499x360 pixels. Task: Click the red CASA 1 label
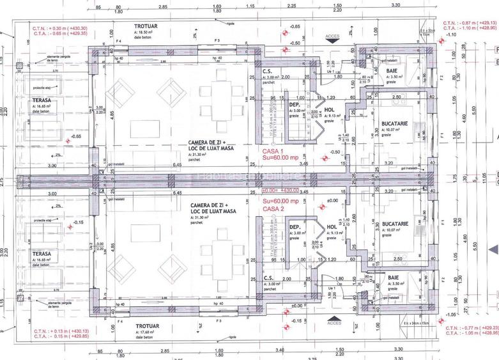click(275, 152)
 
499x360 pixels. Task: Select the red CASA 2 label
click(275, 208)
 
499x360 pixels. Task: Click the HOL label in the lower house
click(331, 227)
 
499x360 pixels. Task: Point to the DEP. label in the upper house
click(295, 104)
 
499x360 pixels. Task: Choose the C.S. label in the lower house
click(268, 279)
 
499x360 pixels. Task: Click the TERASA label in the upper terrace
click(42, 101)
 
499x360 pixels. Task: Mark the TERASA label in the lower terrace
click(42, 254)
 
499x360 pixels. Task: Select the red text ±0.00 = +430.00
click(280, 191)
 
